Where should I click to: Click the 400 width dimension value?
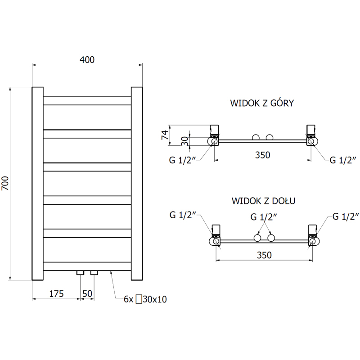tap(87, 60)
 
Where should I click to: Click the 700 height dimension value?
tap(5, 183)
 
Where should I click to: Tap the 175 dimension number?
tap(56, 294)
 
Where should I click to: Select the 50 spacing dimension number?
tap(87, 294)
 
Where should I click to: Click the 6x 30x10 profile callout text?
tap(145, 299)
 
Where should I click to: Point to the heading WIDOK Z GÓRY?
tap(262, 103)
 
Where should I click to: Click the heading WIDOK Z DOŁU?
tap(263, 201)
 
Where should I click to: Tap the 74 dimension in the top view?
tap(165, 135)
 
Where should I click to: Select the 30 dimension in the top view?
tap(184, 141)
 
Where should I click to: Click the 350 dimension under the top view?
tap(263, 155)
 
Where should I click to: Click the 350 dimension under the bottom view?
tap(264, 255)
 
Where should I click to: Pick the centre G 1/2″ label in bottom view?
tap(264, 217)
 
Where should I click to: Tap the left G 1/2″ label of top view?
tap(182, 160)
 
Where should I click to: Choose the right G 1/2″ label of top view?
tap(343, 160)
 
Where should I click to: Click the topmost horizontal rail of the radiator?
tap(87, 101)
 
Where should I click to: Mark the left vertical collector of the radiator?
tap(38, 184)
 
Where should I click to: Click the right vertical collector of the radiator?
tap(137, 184)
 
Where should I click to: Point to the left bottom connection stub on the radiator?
tap(81, 273)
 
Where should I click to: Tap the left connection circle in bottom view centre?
tap(257, 238)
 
